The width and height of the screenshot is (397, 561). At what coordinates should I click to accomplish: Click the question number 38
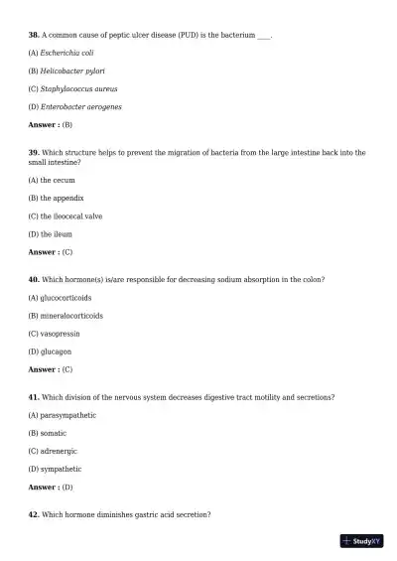pyautogui.click(x=34, y=35)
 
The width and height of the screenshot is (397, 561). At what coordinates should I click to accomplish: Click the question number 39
pyautogui.click(x=34, y=153)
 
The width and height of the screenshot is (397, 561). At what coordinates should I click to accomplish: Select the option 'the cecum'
pyautogui.click(x=57, y=180)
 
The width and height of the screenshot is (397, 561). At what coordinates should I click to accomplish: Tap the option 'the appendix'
pyautogui.click(x=62, y=198)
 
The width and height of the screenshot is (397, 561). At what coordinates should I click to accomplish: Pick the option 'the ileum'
pyautogui.click(x=55, y=234)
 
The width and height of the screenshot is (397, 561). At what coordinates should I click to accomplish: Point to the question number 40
pyautogui.click(x=34, y=280)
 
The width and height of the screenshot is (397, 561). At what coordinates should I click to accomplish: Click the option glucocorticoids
pyautogui.click(x=66, y=298)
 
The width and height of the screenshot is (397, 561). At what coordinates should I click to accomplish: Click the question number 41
pyautogui.click(x=34, y=397)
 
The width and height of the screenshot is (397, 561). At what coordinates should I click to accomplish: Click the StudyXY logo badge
pyautogui.click(x=361, y=541)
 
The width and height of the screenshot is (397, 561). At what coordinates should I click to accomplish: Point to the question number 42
pyautogui.click(x=34, y=514)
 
